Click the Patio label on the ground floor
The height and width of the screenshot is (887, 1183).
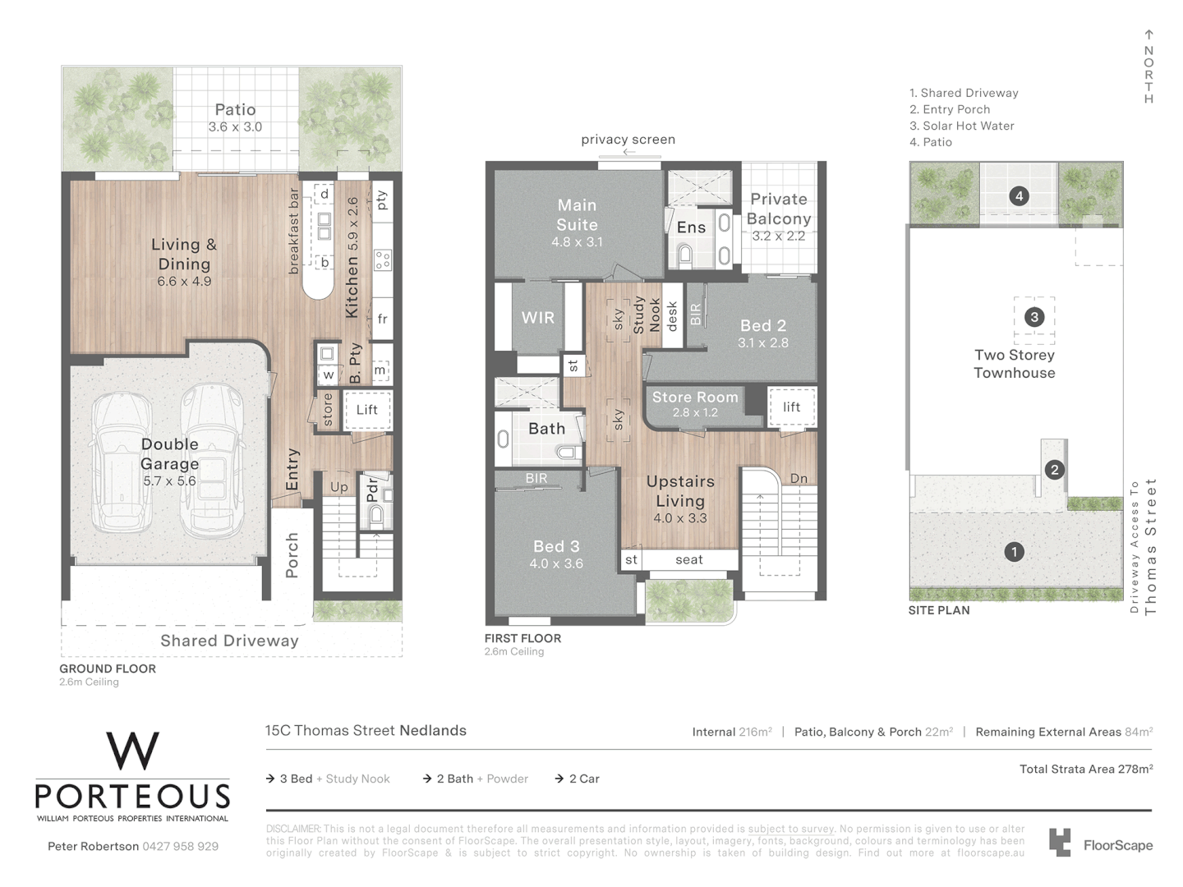pos(235,110)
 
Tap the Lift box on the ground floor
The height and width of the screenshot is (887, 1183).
pos(366,410)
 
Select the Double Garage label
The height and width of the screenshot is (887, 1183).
pos(169,454)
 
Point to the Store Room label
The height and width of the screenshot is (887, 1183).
pos(695,398)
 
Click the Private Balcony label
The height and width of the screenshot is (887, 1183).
pos(779,209)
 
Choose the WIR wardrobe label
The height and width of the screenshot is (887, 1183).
pos(537,318)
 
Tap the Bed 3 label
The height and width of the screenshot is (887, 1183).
pos(557,546)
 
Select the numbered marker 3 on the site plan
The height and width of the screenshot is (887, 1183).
pos(1033,317)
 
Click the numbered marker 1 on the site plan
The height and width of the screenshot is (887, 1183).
pos(1014,552)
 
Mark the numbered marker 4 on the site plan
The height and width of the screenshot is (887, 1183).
pos(1019,196)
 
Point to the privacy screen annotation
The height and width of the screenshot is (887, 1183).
pos(628,140)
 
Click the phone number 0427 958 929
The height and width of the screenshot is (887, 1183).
pos(180,846)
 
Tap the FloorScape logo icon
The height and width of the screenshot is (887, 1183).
pos(1060,843)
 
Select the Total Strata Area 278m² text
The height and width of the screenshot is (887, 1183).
pos(1085,770)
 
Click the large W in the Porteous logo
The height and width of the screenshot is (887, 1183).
pos(132,751)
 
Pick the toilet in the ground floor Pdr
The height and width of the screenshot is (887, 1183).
pos(376,515)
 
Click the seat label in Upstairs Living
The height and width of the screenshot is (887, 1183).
pos(688,560)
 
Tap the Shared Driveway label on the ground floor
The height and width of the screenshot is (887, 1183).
pos(229,641)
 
